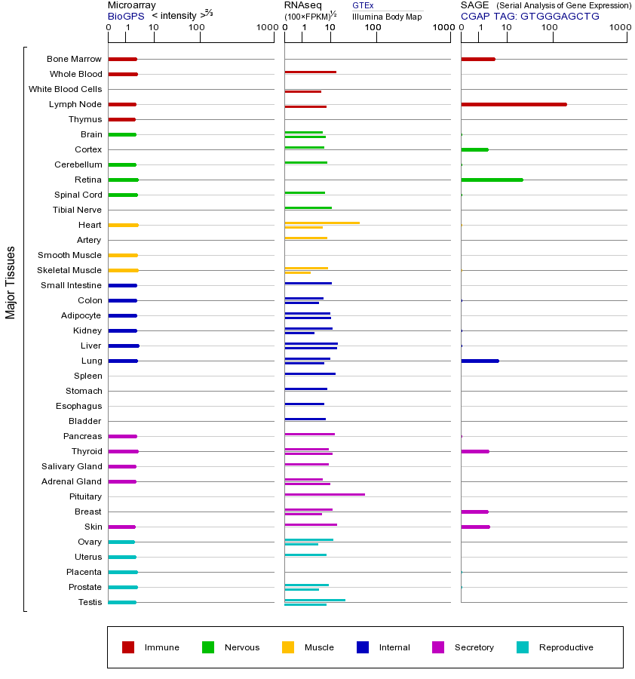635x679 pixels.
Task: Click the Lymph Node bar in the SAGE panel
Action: pos(514,104)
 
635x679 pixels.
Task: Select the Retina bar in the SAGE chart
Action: pos(492,180)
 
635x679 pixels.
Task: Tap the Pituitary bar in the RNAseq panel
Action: pos(324,494)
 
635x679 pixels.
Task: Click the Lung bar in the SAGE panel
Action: pos(480,361)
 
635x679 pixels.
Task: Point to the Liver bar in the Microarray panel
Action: pos(124,346)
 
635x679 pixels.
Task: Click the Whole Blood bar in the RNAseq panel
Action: pos(310,72)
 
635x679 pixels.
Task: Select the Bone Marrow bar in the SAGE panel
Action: pos(477,59)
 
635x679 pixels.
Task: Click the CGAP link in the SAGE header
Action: pos(475,16)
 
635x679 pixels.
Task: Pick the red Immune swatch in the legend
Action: pos(128,647)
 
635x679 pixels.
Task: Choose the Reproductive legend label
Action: pos(566,647)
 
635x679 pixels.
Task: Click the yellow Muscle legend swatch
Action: pos(288,647)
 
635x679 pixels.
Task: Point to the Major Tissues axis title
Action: pos(11,282)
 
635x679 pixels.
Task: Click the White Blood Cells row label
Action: pos(65,89)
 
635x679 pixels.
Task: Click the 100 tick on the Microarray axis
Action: pos(197,28)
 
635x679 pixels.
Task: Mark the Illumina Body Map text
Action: pos(387,17)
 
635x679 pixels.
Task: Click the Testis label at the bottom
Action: pos(90,602)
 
